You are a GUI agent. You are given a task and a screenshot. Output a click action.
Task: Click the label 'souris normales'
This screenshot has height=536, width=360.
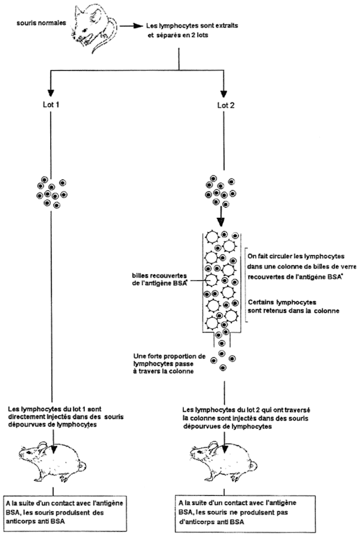pyautogui.click(x=41, y=23)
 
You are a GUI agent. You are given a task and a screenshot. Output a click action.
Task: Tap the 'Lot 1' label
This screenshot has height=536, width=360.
pyautogui.click(x=51, y=104)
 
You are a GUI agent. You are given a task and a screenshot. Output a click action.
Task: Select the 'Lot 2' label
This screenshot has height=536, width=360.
pyautogui.click(x=226, y=105)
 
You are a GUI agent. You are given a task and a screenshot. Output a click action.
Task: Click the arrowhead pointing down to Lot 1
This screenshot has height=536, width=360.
pyautogui.click(x=51, y=93)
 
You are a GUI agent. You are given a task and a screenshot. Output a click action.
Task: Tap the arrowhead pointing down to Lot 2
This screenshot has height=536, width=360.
pyautogui.click(x=224, y=93)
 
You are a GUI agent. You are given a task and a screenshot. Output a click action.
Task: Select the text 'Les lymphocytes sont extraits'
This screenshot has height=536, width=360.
pyautogui.click(x=192, y=26)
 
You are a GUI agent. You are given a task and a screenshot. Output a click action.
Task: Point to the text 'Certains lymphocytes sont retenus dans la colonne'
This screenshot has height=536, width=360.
pyautogui.click(x=293, y=307)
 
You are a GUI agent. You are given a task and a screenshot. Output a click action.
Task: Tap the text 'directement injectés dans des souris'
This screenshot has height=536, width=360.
pyautogui.click(x=65, y=417)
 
